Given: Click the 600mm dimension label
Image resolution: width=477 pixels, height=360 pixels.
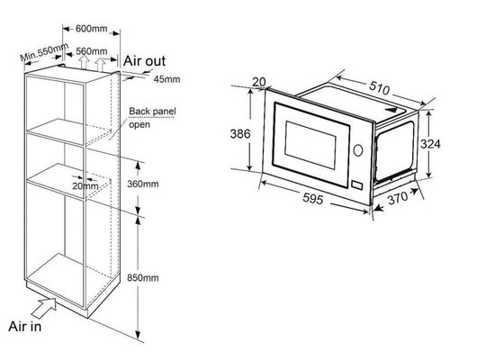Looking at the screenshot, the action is click(91, 29).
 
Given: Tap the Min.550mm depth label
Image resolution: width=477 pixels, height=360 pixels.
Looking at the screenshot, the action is click(44, 52).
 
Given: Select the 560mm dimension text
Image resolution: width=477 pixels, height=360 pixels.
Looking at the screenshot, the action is click(91, 51).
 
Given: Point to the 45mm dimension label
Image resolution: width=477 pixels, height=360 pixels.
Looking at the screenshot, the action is click(166, 79).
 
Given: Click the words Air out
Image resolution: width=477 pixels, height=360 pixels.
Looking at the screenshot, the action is click(144, 61).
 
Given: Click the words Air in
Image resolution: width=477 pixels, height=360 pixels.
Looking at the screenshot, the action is click(24, 326).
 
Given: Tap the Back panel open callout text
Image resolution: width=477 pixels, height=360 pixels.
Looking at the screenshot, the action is click(152, 118).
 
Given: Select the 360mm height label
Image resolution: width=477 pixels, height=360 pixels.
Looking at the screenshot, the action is click(143, 184).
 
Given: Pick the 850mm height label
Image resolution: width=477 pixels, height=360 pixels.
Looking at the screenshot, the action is click(143, 277).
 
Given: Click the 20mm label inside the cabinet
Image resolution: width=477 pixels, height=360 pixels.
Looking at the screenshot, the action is click(85, 186).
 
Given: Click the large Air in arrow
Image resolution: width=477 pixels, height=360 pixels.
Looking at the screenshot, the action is click(44, 308).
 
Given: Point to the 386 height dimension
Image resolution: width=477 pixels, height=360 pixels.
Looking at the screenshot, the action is click(240, 133).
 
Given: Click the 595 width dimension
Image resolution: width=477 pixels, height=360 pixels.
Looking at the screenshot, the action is click(312, 199).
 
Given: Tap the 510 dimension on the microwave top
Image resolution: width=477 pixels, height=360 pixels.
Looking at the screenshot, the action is click(379, 88).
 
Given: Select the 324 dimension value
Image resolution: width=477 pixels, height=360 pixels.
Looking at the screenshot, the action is click(430, 144).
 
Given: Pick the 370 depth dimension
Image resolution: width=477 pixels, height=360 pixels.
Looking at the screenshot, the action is click(398, 198).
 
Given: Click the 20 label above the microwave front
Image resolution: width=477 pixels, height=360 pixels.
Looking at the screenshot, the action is click(259, 82).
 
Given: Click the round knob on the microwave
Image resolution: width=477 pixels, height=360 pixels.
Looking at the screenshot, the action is click(358, 149).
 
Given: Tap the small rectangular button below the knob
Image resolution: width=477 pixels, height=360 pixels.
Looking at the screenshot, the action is click(356, 184).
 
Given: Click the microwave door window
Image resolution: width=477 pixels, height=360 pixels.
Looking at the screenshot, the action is click(310, 145).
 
